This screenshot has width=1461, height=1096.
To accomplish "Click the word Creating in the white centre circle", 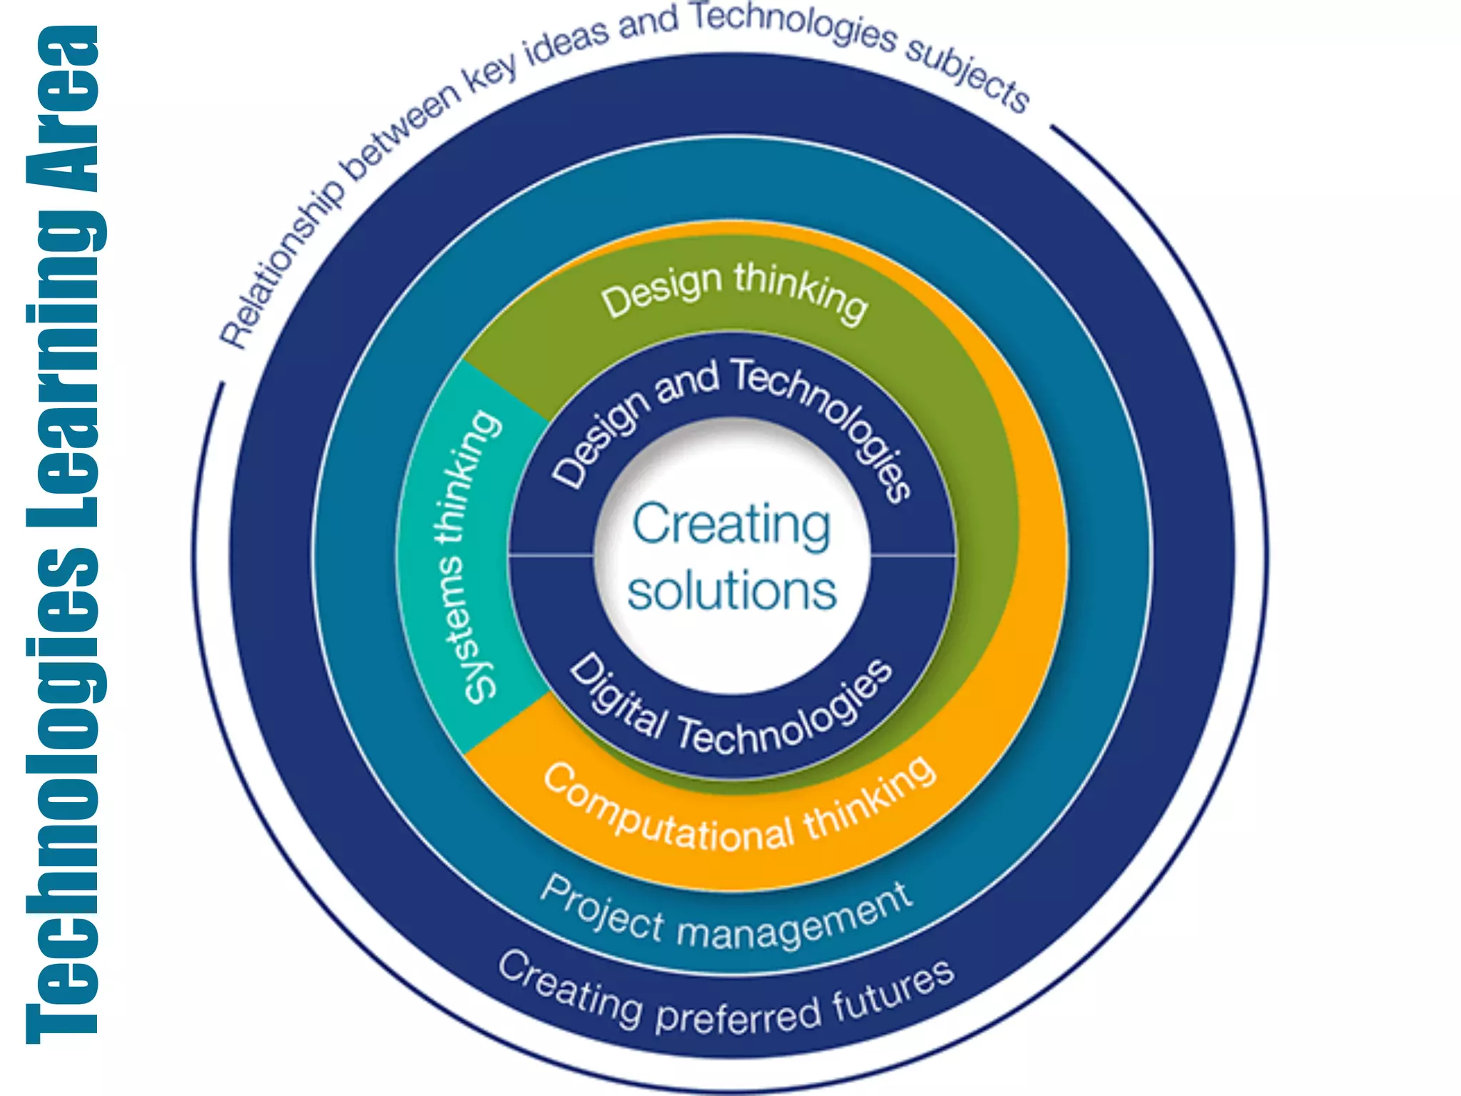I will [731, 524].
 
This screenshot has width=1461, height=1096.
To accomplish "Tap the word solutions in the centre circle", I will [731, 591].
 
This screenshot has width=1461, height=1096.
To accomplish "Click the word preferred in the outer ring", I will [738, 1014].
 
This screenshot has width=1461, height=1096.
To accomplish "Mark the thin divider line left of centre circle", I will [551, 554].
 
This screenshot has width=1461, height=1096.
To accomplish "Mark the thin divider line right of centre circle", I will [913, 554].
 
